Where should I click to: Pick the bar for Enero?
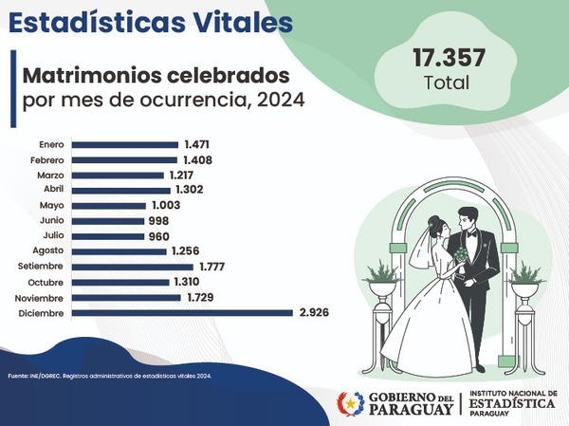125,144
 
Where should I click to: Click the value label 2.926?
314,312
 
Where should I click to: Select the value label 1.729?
201,297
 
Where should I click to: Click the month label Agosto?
47,250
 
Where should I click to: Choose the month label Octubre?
46,282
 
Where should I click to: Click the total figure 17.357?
449,57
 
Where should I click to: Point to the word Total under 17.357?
449,83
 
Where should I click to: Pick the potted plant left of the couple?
383,276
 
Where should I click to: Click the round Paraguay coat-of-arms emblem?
350,403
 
